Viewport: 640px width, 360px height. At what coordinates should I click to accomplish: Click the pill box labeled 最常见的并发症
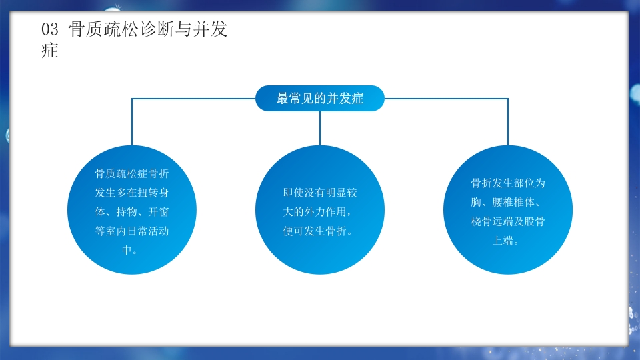click(320, 98)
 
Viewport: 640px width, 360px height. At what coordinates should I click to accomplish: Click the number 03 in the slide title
click(51, 29)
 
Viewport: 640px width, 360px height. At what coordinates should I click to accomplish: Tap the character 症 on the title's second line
click(50, 51)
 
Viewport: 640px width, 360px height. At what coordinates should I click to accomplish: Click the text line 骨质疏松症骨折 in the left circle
click(131, 174)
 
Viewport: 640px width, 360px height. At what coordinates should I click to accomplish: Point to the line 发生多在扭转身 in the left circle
click(131, 193)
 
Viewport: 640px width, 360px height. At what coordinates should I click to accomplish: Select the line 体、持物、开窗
click(131, 213)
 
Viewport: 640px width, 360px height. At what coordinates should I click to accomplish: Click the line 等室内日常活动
click(131, 232)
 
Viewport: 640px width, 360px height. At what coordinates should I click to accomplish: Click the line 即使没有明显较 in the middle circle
click(320, 193)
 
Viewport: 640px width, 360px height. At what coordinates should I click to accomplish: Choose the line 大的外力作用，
click(320, 212)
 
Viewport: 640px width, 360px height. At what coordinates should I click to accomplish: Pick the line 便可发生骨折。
click(320, 231)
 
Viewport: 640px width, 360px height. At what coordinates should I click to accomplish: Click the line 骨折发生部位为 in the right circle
click(508, 183)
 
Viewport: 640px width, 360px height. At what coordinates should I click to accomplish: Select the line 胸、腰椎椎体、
click(508, 202)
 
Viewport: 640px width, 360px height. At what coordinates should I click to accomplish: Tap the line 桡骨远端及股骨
click(508, 221)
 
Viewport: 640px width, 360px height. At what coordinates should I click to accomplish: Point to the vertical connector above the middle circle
click(320, 128)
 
